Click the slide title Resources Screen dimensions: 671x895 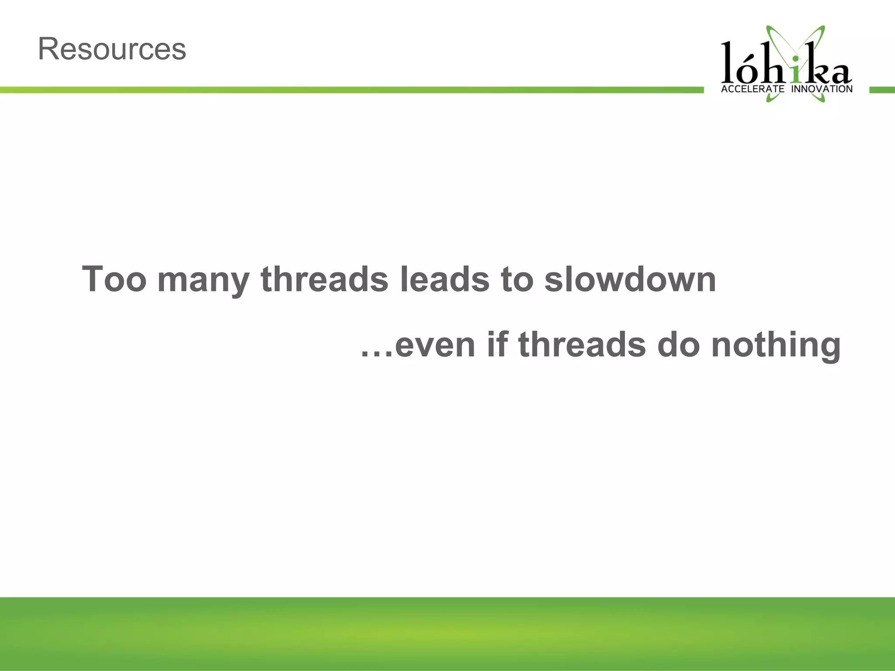112,49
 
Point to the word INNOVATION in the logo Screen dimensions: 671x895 822,89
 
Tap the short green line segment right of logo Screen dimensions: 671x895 882,90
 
